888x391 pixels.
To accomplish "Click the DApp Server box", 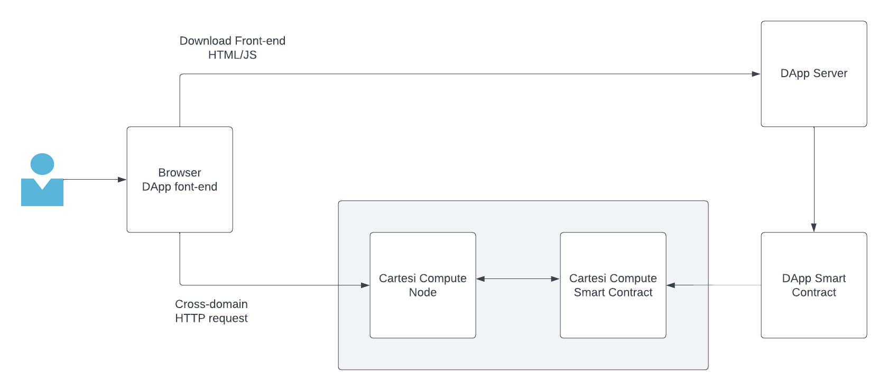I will tap(813, 100).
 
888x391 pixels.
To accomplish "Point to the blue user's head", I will tap(42, 164).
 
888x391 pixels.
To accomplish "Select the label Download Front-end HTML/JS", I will tap(232, 48).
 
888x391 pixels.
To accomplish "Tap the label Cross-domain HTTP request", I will tap(211, 311).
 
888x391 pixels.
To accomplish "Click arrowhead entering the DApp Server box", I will tap(756, 74).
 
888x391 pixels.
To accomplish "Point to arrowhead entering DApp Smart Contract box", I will tap(814, 228).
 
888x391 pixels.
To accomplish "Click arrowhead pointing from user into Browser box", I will tap(122, 180).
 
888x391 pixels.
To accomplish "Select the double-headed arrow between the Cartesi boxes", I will tap(518, 279).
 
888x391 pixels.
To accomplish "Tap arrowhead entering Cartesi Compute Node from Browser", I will tap(365, 285).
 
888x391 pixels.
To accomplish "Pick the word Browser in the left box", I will tap(179, 173).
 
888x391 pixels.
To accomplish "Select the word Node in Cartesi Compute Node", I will tap(422, 293).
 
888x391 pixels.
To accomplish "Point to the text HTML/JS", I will tap(232, 55).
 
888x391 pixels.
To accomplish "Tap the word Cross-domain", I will tap(211, 304).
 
